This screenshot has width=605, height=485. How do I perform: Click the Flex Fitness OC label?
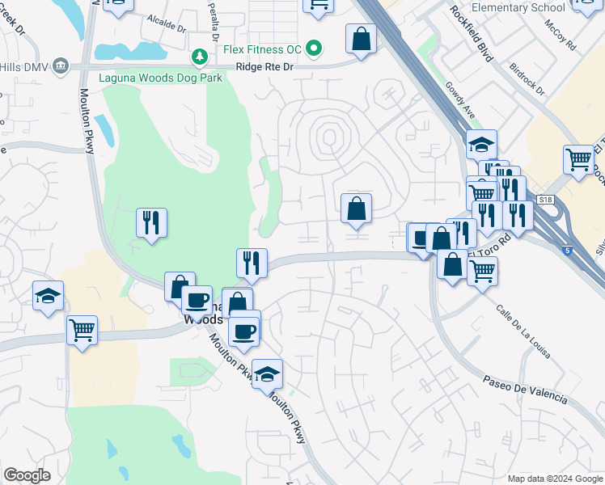pos(262,50)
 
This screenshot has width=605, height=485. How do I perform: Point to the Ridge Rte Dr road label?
pos(264,68)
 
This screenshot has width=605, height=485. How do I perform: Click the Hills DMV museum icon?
pos(60,68)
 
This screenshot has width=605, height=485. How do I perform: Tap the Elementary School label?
pos(518,8)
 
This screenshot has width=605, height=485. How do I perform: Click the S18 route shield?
pos(547,199)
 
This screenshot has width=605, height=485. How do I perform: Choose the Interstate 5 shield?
pos(566,251)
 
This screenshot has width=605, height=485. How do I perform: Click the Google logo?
pos(27,475)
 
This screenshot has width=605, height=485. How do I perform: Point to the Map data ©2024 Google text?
pos(554,479)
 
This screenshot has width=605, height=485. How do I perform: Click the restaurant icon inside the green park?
pos(151,223)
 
